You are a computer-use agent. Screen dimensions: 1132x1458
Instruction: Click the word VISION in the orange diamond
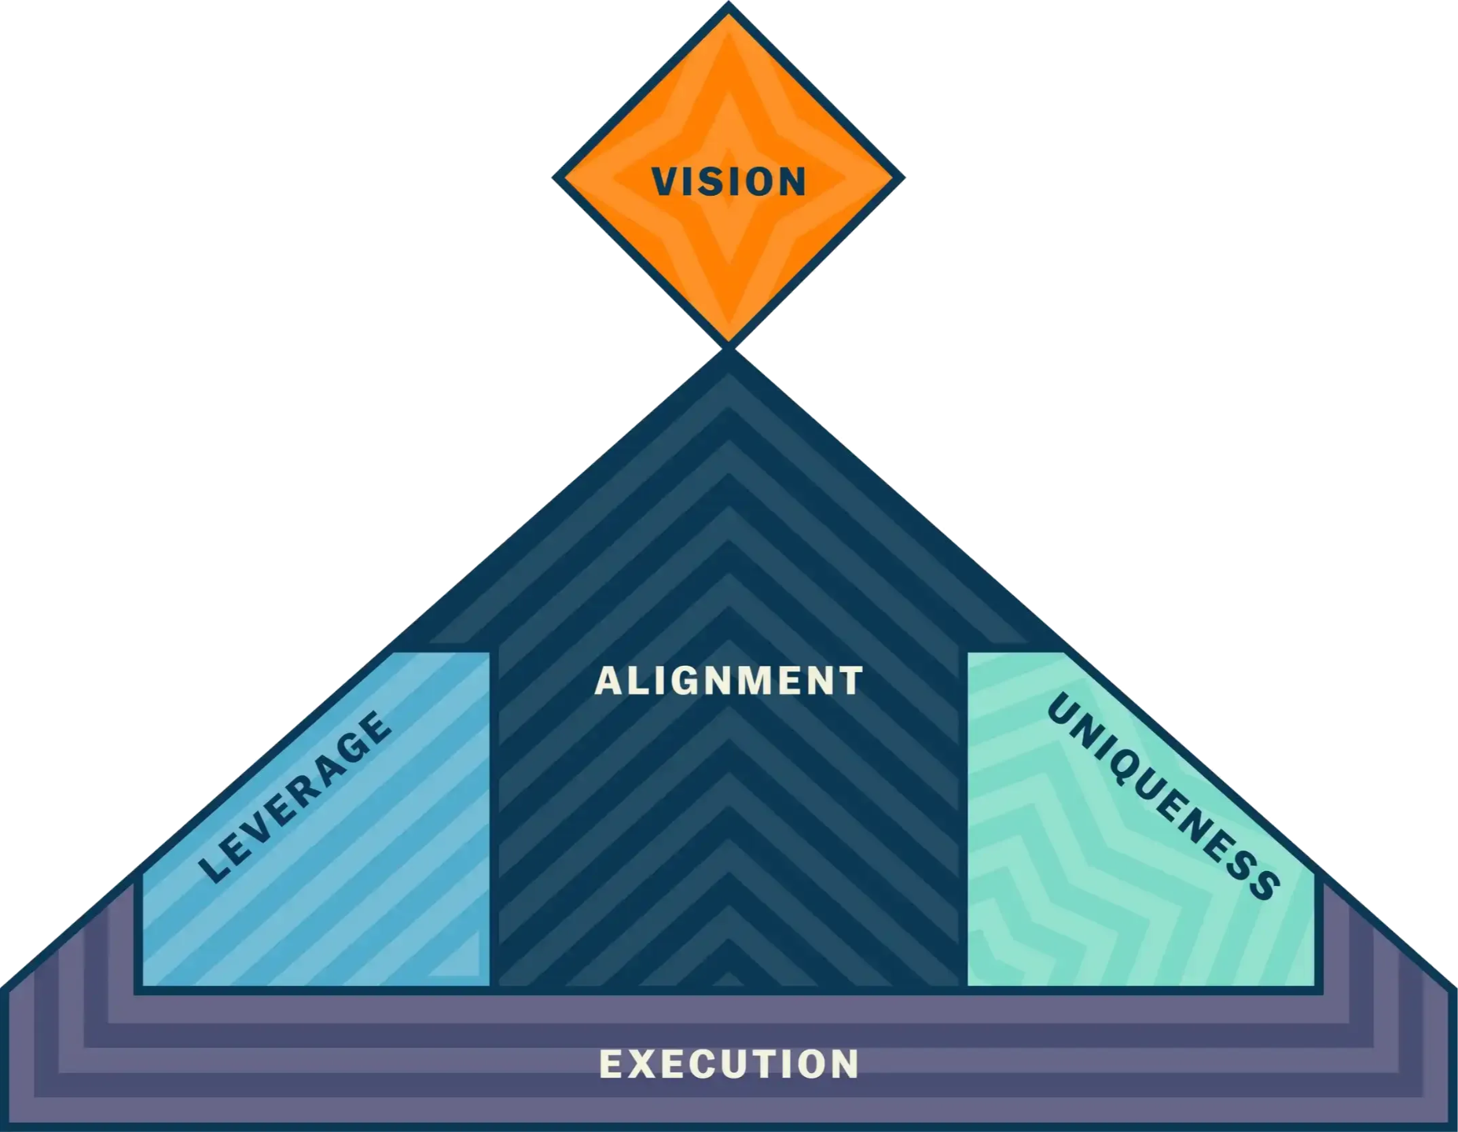pos(729,181)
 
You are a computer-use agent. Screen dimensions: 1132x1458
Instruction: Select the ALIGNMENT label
pos(729,681)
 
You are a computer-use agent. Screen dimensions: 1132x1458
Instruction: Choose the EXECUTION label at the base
pos(729,1064)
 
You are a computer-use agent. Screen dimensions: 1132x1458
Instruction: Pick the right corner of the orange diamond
pos(903,177)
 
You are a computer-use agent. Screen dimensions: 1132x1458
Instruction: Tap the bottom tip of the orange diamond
pos(729,344)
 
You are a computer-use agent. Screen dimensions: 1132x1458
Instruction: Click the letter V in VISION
pos(665,181)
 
